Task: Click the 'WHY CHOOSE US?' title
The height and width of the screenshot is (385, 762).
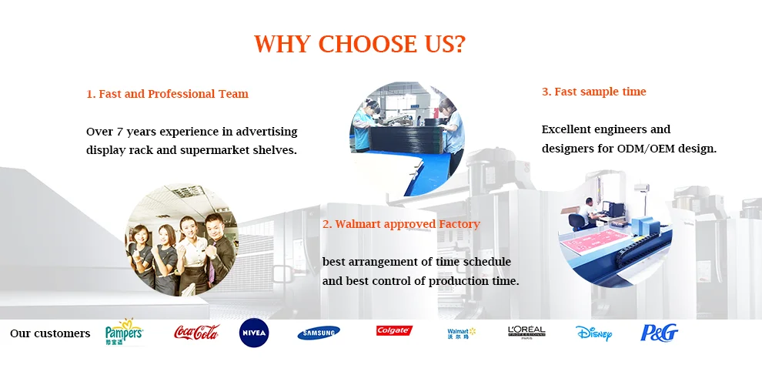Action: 359,44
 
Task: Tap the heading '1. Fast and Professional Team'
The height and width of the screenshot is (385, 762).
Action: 167,94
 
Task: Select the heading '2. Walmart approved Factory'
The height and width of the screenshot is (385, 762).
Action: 401,224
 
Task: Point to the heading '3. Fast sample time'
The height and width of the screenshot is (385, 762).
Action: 594,92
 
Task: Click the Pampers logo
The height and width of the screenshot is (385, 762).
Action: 124,333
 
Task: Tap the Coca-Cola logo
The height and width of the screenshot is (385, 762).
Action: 196,333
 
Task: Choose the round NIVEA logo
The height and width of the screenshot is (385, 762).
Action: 254,333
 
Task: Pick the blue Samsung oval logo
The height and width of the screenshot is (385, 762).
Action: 319,333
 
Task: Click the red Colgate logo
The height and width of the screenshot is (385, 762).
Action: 394,330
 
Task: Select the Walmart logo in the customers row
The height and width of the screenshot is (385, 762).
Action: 461,333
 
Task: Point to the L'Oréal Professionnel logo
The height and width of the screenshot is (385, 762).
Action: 526,333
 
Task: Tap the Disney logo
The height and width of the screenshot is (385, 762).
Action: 594,333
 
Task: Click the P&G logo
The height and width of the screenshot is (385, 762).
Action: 659,333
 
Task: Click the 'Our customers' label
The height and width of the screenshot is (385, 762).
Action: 50,333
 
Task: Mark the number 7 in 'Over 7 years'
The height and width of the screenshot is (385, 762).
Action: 119,132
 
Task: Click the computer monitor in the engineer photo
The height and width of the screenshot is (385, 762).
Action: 617,209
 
